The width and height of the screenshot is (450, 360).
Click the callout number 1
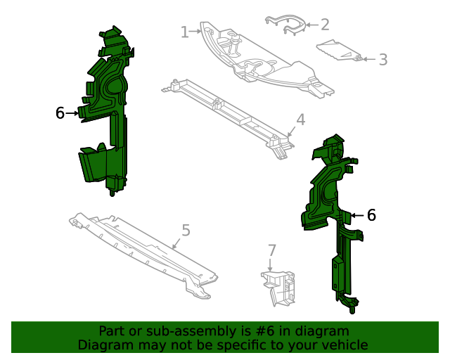pos(184,32)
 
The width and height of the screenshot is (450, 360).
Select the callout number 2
pos(325,25)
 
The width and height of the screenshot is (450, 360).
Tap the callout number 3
pos(382,60)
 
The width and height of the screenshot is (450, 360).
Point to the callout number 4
pos(300,120)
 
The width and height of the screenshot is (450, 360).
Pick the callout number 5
pos(186,230)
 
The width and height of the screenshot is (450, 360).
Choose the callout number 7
pos(271,250)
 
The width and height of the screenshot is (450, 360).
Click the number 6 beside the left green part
pos(60,112)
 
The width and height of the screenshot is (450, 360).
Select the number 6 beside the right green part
pos(371,215)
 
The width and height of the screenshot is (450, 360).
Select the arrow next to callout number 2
pos(310,25)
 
